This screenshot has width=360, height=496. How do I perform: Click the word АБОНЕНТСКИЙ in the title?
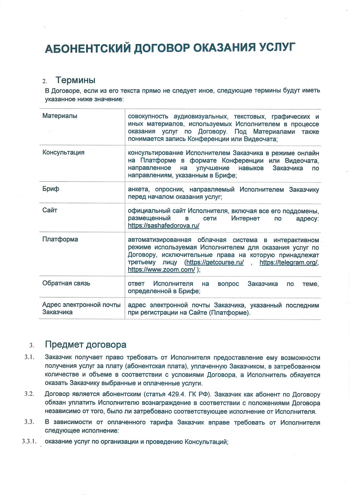point(88,48)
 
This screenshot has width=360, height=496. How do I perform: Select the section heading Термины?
point(75,80)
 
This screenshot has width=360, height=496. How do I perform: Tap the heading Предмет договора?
point(85,344)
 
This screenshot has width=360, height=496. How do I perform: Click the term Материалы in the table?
point(60,116)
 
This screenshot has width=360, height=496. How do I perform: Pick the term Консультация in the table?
point(63,152)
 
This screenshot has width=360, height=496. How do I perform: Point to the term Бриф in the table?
point(51,189)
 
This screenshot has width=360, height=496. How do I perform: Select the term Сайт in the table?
point(50,210)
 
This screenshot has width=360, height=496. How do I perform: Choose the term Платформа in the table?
point(60,239)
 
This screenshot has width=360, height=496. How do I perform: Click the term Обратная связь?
point(66,283)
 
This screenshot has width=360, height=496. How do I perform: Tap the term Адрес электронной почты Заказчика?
point(81,308)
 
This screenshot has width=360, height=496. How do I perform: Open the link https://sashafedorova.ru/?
point(163,226)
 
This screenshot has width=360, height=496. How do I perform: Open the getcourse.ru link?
point(215,263)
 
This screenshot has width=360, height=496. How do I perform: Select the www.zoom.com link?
point(161,270)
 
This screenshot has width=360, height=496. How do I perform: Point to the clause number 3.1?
point(29,357)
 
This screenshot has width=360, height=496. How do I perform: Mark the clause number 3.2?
point(29,394)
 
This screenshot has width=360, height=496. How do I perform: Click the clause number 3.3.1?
point(29,441)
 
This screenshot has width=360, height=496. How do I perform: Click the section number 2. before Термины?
point(45,81)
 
